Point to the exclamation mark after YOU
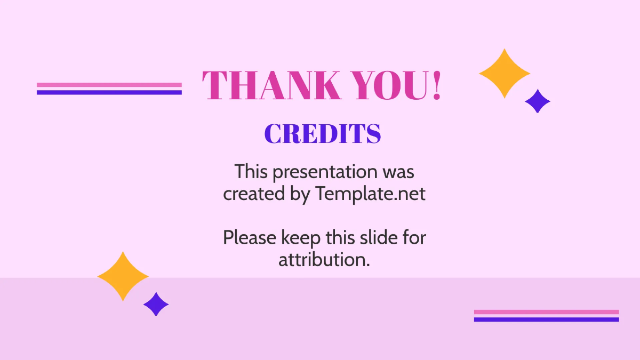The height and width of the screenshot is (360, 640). tap(437, 85)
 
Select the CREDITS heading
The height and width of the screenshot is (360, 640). tap(323, 134)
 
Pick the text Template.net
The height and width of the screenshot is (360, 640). tap(370, 194)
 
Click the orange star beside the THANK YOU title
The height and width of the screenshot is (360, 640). tap(504, 74)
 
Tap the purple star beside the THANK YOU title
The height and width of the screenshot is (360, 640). tap(538, 101)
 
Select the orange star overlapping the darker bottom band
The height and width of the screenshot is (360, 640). tap(123, 276)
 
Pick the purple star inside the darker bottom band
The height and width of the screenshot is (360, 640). tap(156, 304)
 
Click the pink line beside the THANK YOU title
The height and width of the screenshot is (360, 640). tap(109, 85)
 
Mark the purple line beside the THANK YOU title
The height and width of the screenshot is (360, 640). tap(109, 92)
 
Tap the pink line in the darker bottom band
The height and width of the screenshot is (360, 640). tap(546, 312)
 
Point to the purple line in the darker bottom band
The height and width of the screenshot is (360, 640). tap(546, 319)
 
